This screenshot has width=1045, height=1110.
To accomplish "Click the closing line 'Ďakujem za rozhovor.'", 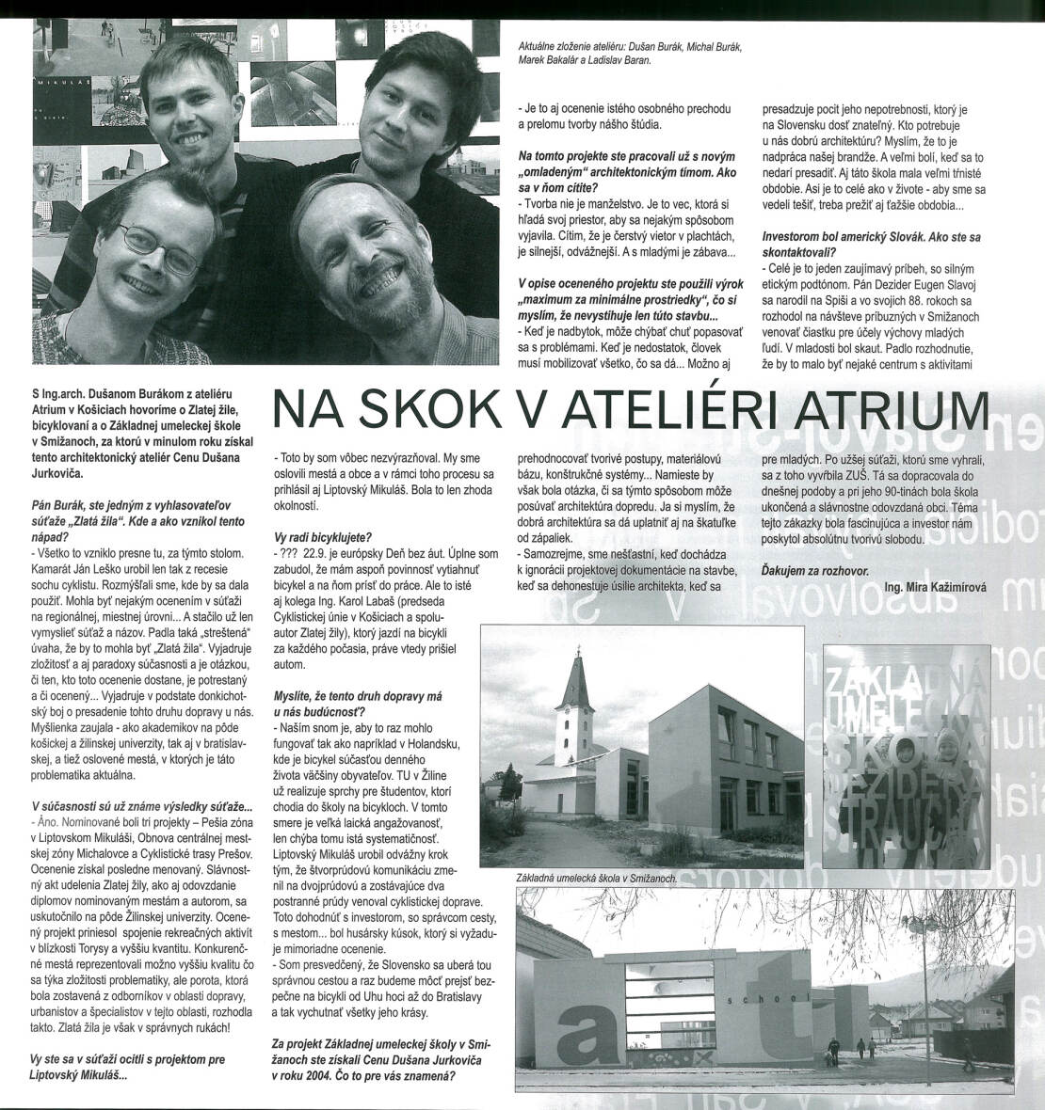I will pos(815,571).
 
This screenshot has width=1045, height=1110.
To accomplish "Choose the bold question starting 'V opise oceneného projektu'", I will pos(626,291).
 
